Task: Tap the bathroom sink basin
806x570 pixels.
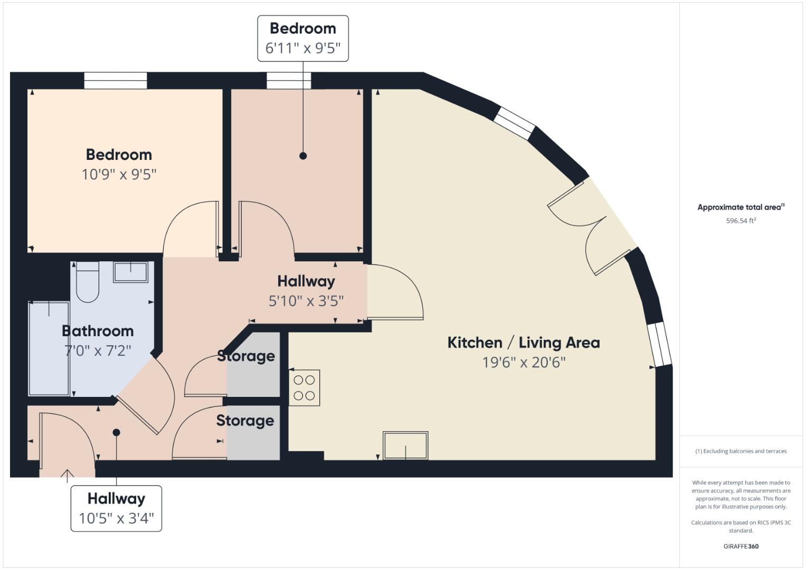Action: point(130,272)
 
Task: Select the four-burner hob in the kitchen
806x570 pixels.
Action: point(304,387)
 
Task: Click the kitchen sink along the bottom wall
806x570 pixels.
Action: point(405,445)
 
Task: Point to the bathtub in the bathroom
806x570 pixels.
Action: point(49,348)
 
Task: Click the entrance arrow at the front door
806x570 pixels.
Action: point(67,475)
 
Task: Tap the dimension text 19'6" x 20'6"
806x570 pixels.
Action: point(524,363)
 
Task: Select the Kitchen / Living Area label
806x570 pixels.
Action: point(524,343)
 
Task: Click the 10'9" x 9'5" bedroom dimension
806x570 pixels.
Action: point(119,174)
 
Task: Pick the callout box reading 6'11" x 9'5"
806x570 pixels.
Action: point(302,39)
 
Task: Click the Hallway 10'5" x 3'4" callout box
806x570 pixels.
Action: point(116,508)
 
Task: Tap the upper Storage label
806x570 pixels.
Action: point(246,356)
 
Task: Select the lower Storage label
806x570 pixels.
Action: point(245,421)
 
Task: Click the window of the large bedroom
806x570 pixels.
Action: point(116,81)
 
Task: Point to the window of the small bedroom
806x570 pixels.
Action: point(289,81)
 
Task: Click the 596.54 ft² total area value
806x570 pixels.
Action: point(741,221)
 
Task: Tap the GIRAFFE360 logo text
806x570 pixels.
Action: point(741,546)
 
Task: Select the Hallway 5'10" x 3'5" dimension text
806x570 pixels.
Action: point(306,301)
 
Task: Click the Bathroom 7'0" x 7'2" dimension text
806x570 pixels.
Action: point(98,350)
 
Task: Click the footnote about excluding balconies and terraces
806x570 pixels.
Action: point(741,451)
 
